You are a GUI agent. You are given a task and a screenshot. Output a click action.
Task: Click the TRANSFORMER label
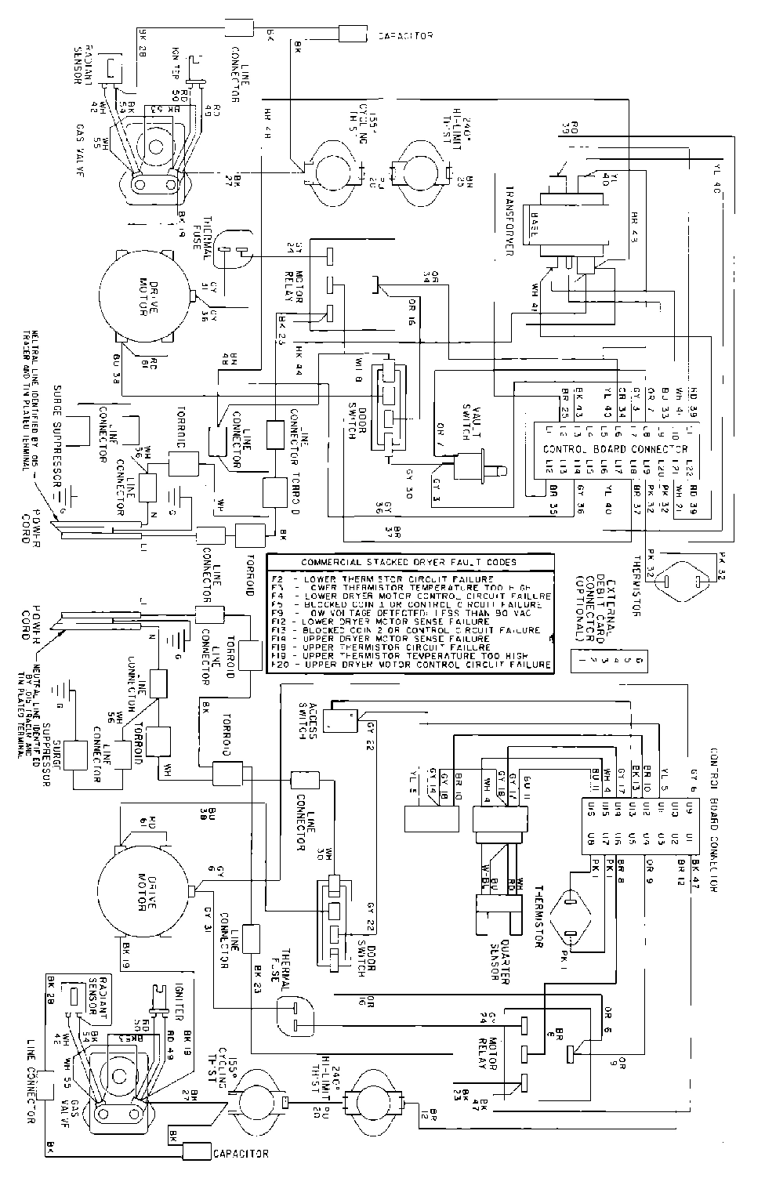508,220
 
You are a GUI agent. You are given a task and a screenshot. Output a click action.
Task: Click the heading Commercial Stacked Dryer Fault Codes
408,562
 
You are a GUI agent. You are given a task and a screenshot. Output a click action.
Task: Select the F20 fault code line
410,665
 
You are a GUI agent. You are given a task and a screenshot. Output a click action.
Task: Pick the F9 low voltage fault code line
410,613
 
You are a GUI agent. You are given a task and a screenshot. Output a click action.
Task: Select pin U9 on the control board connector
688,806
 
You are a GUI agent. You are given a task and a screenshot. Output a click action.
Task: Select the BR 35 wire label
553,507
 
